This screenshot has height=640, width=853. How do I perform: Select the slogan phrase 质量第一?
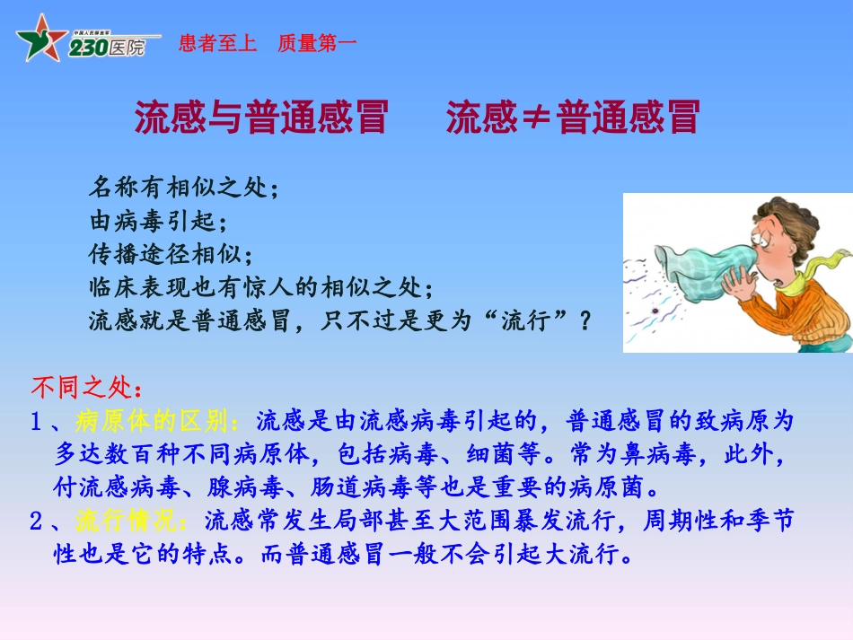317,43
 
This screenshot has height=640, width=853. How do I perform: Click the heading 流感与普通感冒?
260,118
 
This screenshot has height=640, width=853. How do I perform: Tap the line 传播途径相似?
166,254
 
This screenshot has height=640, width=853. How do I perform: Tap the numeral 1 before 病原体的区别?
37,421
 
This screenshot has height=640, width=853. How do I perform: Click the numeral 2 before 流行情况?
37,521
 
